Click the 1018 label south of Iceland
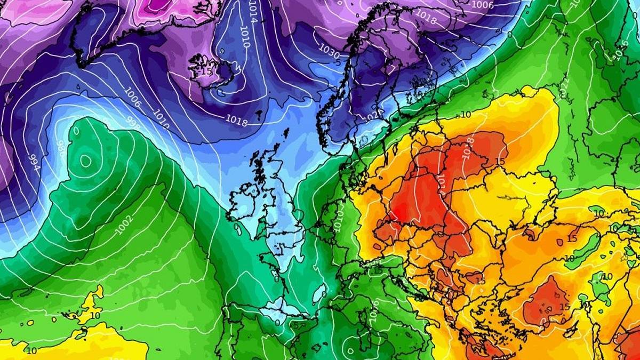coord(237,121)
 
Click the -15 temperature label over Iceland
coord(205,70)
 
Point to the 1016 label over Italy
coord(373,308)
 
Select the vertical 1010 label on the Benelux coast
coord(340,218)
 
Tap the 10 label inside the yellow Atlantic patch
coord(95,315)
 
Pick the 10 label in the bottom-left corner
coord(31,350)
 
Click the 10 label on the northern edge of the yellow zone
coord(466,114)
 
